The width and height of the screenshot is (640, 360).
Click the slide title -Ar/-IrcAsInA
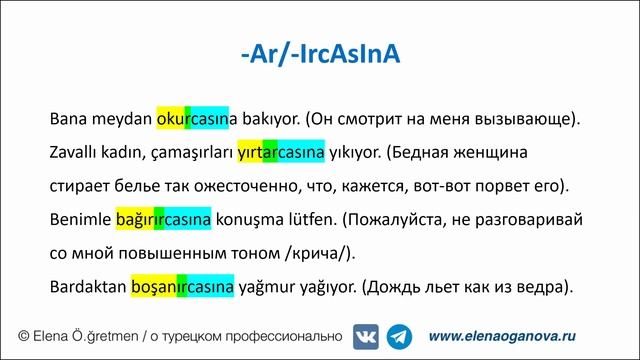(320, 52)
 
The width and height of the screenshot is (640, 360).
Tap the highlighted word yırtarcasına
(281, 154)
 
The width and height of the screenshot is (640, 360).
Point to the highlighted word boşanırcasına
(183, 287)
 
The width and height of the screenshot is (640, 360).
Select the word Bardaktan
(88, 287)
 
